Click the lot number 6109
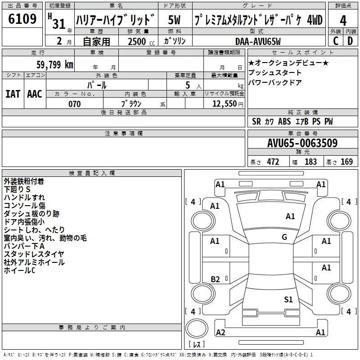click(x=22, y=20)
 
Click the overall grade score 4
click(x=343, y=20)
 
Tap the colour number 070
click(x=74, y=104)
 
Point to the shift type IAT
click(x=13, y=94)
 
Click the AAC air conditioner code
click(x=35, y=94)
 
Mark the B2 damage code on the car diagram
click(x=215, y=279)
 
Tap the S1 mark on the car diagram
click(x=288, y=299)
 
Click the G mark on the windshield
click(x=284, y=237)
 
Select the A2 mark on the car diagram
click(x=220, y=333)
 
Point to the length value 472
click(x=272, y=162)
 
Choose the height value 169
click(x=346, y=162)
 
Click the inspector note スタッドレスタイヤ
click(x=34, y=254)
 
